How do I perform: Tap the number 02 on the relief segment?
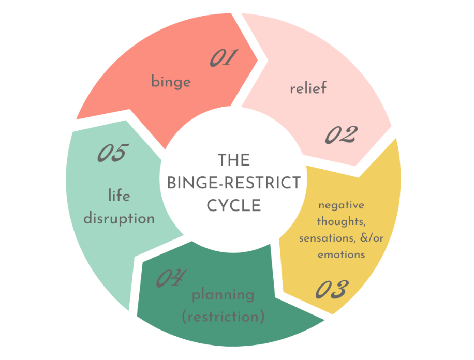(341, 134)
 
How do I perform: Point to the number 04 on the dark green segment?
(169, 279)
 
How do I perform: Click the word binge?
(171, 82)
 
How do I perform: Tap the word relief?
(308, 88)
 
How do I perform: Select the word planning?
(223, 295)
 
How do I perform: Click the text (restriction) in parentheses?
(223, 316)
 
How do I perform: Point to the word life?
(119, 196)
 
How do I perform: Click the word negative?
(341, 205)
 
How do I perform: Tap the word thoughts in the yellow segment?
(340, 222)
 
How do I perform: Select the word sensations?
(325, 238)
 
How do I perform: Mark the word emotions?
(341, 255)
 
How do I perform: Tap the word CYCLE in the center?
(234, 205)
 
